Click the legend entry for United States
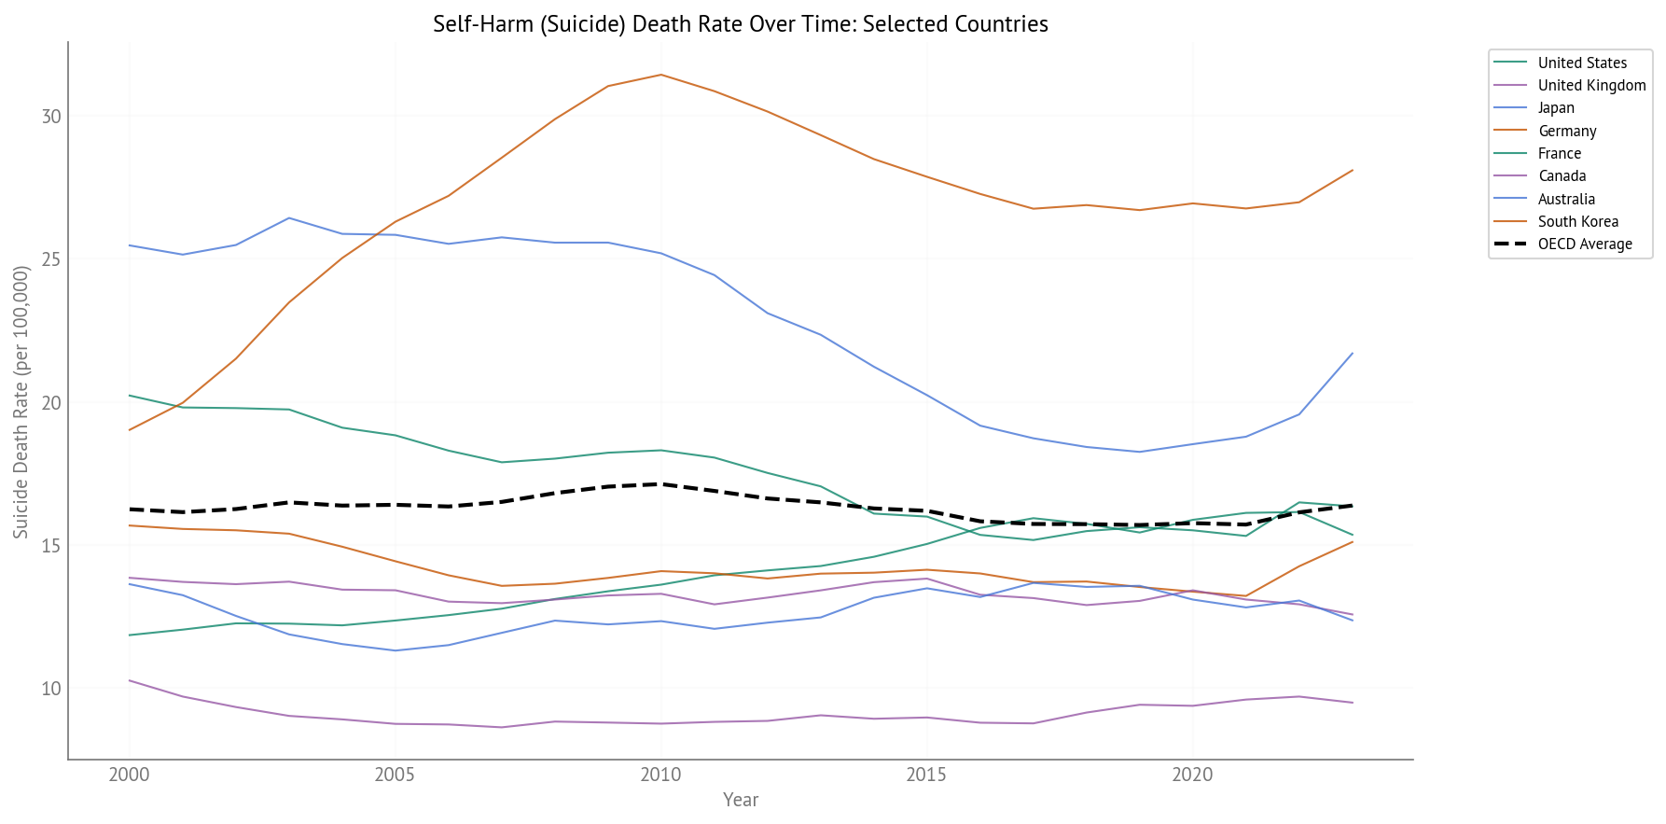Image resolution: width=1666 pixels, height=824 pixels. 1581,63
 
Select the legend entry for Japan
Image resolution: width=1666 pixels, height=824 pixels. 1556,108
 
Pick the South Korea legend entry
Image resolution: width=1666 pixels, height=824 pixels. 1577,222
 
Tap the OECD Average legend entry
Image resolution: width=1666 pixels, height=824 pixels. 1584,244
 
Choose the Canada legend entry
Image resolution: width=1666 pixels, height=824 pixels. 1562,176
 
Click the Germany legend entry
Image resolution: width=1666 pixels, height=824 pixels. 1567,131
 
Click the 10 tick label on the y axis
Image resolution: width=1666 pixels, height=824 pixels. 51,689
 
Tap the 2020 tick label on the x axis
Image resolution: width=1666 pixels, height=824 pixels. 1192,775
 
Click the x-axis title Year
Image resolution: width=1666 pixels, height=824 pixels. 741,800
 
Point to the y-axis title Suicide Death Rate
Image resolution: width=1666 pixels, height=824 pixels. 21,401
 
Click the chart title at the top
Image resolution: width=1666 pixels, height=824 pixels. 741,24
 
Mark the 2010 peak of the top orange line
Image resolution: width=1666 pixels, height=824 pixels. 661,75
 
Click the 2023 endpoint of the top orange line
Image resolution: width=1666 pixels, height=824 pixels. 1353,170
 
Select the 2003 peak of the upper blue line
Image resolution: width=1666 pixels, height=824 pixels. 289,218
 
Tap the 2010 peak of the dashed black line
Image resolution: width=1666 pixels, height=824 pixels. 661,484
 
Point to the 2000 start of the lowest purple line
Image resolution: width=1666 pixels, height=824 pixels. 130,680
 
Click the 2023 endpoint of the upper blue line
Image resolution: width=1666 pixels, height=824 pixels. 1353,353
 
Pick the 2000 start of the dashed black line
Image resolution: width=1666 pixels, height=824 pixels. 130,510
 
